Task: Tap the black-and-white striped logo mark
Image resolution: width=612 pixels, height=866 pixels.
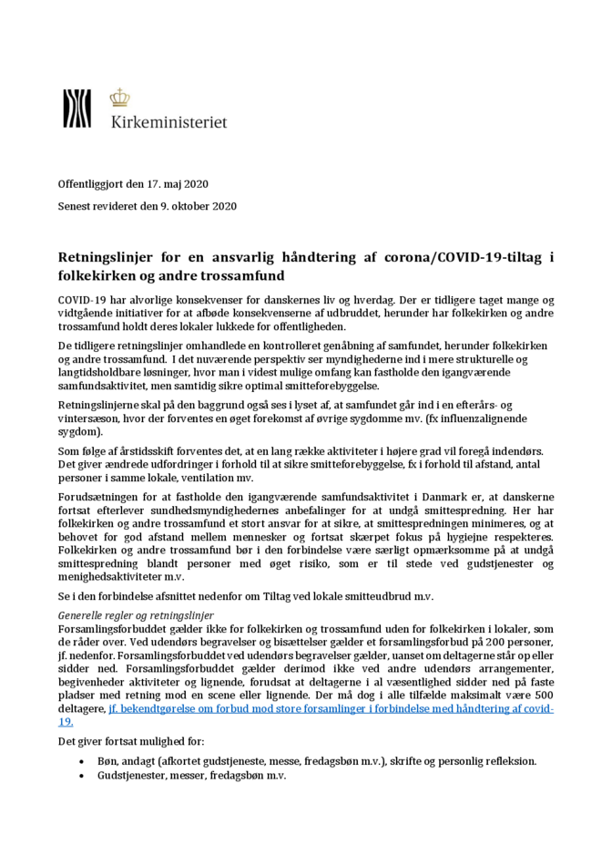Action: pos(76,108)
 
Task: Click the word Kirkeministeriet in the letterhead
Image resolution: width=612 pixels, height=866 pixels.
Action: pos(168,120)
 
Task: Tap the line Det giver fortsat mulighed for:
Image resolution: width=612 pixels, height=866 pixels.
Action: pos(131,740)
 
